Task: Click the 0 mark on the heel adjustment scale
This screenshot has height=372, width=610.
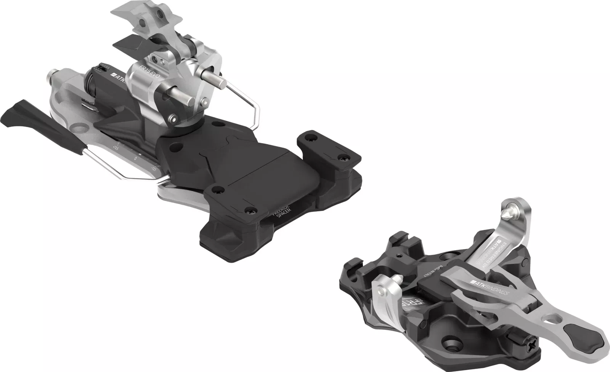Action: [x=135, y=157]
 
